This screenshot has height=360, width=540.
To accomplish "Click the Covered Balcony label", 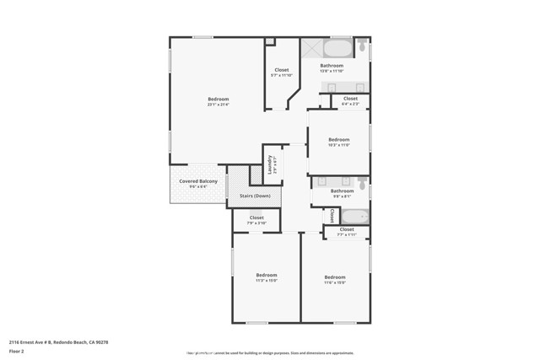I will [x=198, y=181].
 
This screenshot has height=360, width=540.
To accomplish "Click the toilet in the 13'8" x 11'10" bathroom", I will [x=362, y=49].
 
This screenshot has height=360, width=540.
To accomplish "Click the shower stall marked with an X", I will [x=309, y=48].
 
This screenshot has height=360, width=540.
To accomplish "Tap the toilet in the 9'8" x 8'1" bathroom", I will [x=362, y=183].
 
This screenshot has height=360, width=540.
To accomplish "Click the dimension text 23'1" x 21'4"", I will [x=219, y=105].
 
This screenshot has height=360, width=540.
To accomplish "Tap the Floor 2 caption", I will [x=16, y=351].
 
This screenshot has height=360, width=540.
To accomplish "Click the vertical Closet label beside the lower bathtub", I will [x=332, y=216].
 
